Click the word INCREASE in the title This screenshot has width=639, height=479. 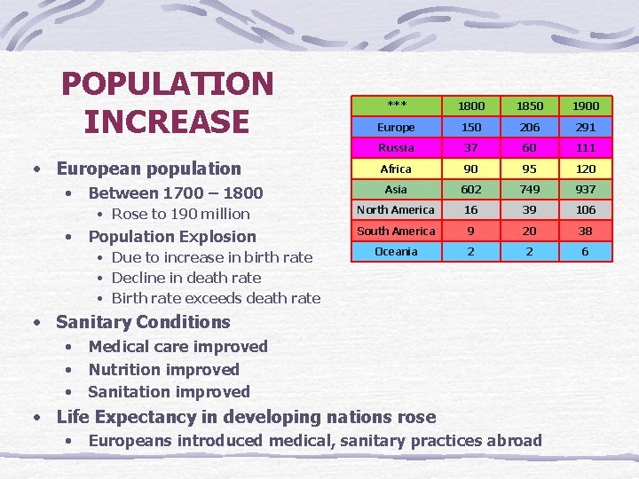coord(167,122)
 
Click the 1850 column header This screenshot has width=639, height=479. coord(528,106)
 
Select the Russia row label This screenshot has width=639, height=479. coord(396,147)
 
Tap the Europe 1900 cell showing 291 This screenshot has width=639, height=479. coord(585,127)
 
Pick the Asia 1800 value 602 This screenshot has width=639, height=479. coord(471,189)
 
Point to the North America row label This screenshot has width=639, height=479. coord(396,210)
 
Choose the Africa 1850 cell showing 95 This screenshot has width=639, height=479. coord(528,169)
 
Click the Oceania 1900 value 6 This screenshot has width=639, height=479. coord(585,252)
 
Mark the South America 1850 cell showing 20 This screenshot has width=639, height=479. coord(528,231)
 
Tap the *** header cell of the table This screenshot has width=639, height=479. coord(396,105)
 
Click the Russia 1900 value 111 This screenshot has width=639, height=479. coord(585,147)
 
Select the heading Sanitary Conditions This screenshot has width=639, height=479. coord(143,322)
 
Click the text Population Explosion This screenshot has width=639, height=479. coord(172,237)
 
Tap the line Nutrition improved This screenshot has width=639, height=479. coord(163,369)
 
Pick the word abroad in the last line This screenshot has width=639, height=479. coord(511,441)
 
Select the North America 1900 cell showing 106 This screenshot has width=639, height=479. coord(585,210)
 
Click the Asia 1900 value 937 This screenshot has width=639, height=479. coord(585,189)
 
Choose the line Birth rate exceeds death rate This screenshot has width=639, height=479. coord(216,298)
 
